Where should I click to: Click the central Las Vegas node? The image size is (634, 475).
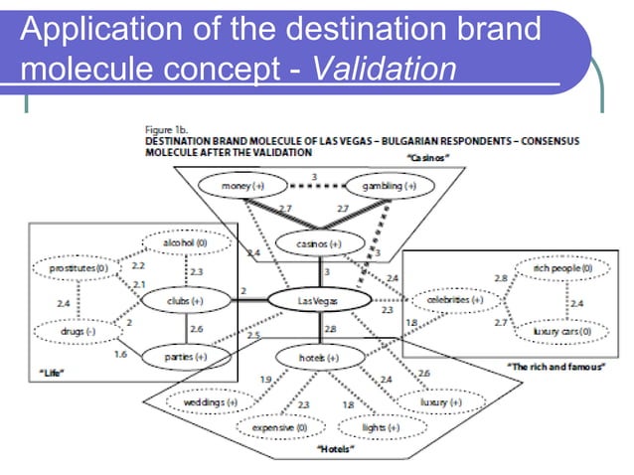320,298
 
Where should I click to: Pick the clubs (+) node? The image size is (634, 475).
185,298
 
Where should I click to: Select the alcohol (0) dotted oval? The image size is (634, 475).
186,242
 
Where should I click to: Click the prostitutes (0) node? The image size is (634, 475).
73,268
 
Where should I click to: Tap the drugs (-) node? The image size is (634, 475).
72,331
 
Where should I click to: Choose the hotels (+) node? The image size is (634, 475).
320,356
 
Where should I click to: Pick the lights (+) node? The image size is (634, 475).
368,427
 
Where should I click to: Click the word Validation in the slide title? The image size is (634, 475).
373,71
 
